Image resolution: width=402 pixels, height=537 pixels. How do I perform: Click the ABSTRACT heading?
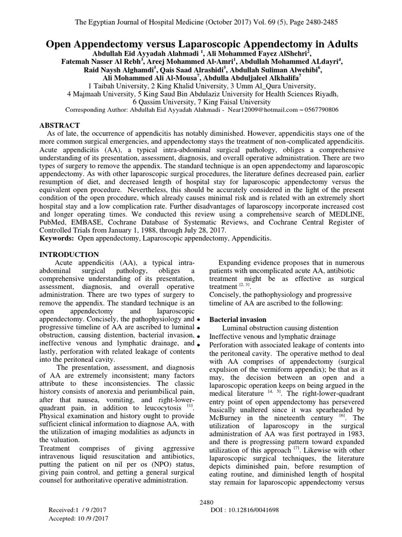click(x=60, y=126)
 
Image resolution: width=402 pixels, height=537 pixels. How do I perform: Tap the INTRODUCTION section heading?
click(x=70, y=254)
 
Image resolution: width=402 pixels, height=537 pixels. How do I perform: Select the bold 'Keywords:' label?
click(x=58, y=239)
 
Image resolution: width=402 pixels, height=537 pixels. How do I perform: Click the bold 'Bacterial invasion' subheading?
click(x=238, y=319)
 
